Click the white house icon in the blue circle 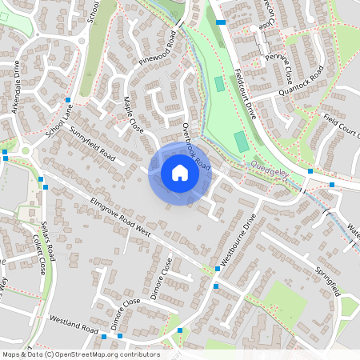[x=180, y=172]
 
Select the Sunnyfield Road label [x=93, y=143]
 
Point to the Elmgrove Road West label [x=121, y=216]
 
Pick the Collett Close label [x=36, y=255]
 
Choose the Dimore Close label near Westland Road [x=126, y=310]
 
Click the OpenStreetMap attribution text [x=80, y=354]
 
